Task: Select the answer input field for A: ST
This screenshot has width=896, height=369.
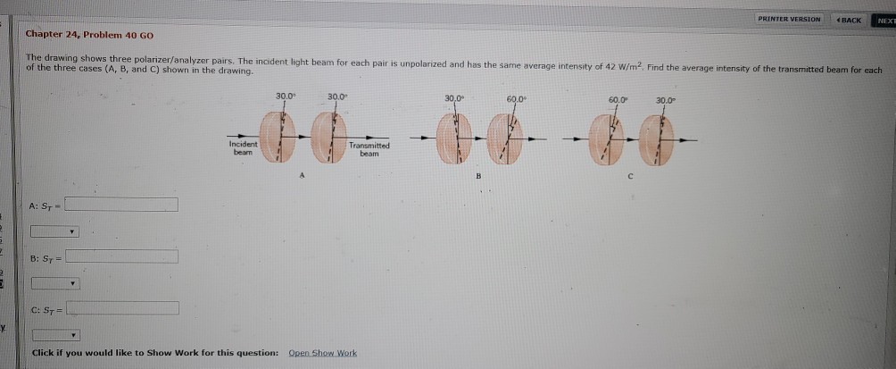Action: (x=122, y=205)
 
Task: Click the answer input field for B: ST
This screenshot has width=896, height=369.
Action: (x=122, y=257)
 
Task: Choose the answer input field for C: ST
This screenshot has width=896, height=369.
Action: (x=123, y=309)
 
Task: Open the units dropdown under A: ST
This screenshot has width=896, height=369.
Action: (x=55, y=231)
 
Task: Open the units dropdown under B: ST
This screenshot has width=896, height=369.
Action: (x=55, y=284)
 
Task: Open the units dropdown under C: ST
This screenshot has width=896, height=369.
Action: (x=55, y=336)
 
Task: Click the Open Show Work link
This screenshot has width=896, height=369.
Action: (x=322, y=353)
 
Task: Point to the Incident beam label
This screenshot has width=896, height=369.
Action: (x=243, y=147)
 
